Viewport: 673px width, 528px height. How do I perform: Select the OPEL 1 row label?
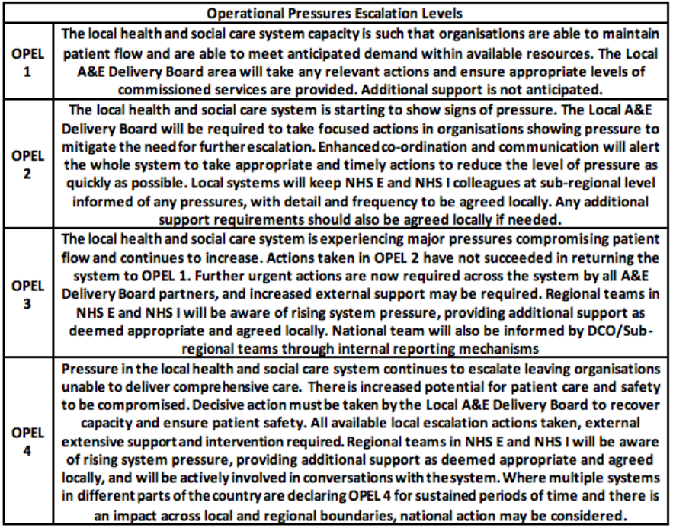tap(27, 68)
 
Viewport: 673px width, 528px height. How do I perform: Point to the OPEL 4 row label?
tap(27, 441)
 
